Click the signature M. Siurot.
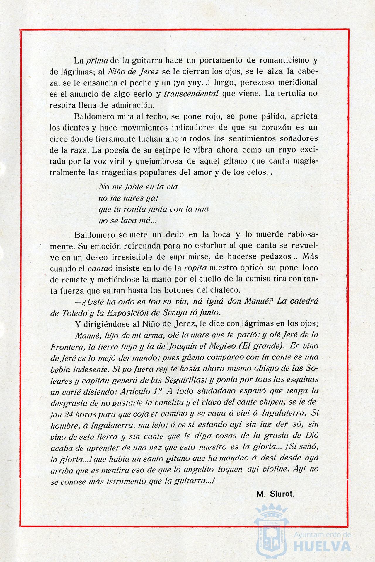(275, 494)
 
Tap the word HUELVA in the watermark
(322, 546)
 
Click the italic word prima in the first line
(98, 61)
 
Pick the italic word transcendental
(191, 94)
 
